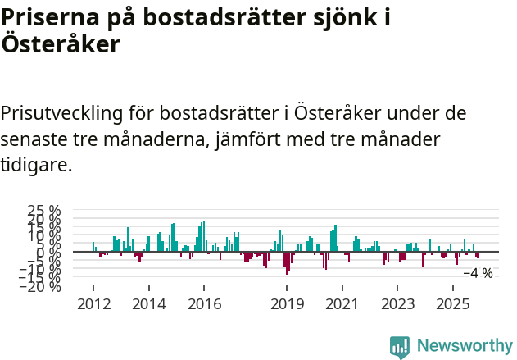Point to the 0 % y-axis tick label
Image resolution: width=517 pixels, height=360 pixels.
(x=49, y=252)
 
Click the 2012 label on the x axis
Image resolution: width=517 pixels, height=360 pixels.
(x=93, y=304)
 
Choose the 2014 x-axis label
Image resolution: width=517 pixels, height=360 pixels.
(x=148, y=304)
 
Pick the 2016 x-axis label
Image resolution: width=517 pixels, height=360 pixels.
(x=204, y=304)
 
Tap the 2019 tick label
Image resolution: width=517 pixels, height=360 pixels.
(x=287, y=304)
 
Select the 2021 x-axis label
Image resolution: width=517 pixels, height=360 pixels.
(x=342, y=304)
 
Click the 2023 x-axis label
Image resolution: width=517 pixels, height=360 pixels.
(x=397, y=304)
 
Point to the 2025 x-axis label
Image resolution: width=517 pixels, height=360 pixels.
(x=452, y=304)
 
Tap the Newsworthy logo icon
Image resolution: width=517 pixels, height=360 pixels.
(x=399, y=346)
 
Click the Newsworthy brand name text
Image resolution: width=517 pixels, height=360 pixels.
(x=464, y=346)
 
